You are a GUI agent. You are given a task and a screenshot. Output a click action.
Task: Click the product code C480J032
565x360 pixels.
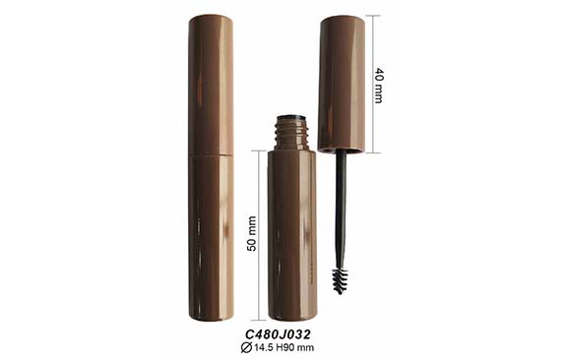click(x=278, y=334)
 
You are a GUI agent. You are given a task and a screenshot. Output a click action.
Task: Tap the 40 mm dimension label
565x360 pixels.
click(x=378, y=85)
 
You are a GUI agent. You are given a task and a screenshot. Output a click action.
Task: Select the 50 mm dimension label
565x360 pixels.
click(x=252, y=233)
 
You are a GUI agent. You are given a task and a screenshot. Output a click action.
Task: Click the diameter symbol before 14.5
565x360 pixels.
click(x=246, y=348)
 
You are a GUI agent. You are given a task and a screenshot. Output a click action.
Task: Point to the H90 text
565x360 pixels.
click(x=285, y=348)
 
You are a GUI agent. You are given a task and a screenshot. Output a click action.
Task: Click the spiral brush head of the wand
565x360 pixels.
click(x=340, y=281)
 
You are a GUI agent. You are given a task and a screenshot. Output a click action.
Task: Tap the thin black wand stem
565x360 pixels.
click(x=341, y=210)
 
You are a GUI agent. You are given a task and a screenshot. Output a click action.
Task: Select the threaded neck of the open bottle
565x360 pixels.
click(x=292, y=133)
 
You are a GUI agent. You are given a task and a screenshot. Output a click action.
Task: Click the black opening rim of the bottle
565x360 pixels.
click(x=292, y=118)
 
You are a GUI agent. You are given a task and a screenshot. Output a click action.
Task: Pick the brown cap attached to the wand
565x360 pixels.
click(x=342, y=84)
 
